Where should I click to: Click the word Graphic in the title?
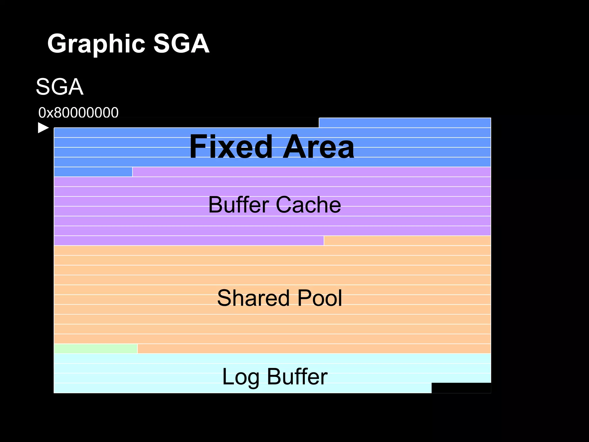[x=96, y=44]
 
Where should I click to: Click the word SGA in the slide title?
[x=181, y=44]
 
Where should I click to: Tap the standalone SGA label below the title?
[x=60, y=87]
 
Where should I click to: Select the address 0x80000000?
[x=78, y=113]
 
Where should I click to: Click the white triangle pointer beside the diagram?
[x=43, y=128]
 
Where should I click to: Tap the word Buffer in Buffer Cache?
[x=239, y=205]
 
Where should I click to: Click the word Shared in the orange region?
[x=253, y=298]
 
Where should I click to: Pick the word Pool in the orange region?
[x=320, y=298]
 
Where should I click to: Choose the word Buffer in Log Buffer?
[x=297, y=377]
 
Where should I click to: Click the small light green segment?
[x=95, y=348]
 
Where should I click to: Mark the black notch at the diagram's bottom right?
[x=461, y=388]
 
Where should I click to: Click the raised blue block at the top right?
[x=405, y=123]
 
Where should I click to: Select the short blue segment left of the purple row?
[x=93, y=172]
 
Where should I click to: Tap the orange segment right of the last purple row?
[x=407, y=241]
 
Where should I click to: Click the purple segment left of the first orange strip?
[x=189, y=241]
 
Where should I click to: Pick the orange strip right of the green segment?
[x=314, y=348]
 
